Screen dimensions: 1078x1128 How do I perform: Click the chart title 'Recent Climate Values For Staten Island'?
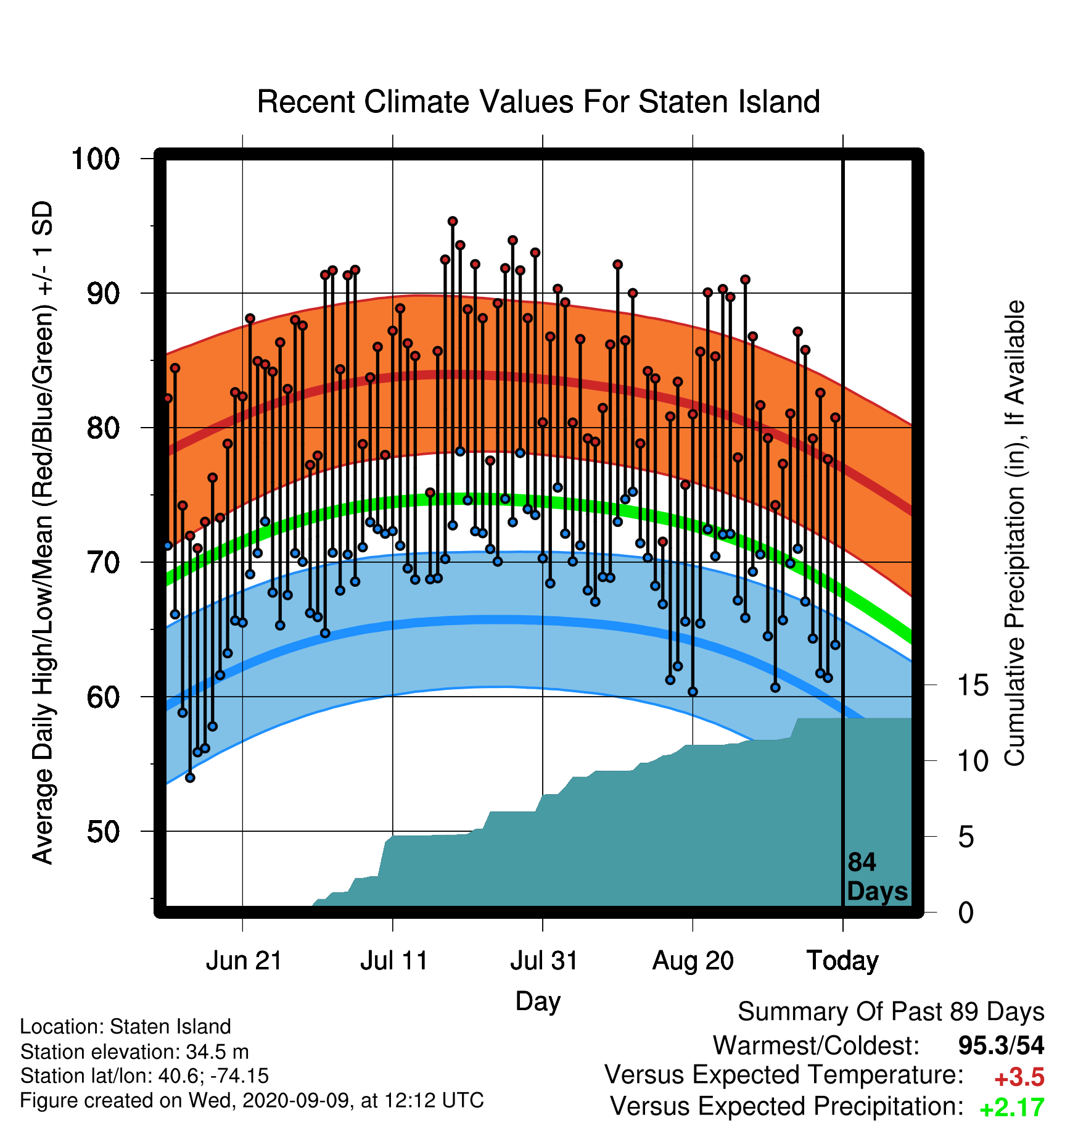[538, 102]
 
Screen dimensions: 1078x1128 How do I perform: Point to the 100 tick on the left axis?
[96, 159]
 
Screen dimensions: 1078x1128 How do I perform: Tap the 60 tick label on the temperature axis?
[104, 697]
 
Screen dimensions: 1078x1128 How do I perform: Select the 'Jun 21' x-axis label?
[244, 961]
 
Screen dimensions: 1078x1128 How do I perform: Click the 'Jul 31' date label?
[544, 961]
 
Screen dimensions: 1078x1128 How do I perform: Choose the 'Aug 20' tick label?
[693, 961]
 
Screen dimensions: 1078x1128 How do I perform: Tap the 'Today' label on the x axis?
[842, 961]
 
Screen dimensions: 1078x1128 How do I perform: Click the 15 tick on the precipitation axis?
[973, 685]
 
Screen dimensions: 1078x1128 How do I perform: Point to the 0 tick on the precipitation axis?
[966, 912]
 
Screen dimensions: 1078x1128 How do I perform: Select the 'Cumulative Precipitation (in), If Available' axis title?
[1014, 534]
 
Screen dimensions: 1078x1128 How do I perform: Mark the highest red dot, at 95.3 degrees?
[453, 221]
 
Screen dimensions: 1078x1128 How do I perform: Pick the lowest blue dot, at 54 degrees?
[190, 778]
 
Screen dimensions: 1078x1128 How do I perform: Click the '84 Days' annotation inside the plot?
[877, 877]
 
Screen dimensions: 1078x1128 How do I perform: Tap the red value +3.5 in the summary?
[1019, 1078]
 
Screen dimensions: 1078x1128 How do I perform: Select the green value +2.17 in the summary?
[1012, 1108]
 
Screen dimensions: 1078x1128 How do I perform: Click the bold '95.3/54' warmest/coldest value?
[1002, 1045]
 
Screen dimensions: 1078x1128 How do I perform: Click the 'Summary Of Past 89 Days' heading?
[891, 1012]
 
